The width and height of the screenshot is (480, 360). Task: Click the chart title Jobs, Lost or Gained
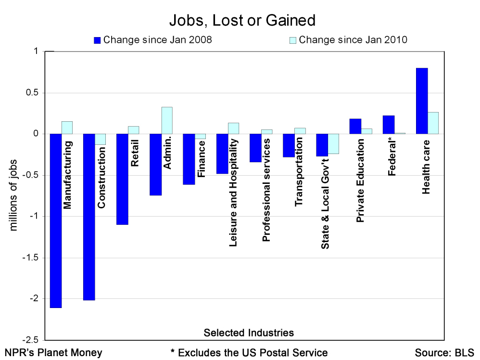pos(242,21)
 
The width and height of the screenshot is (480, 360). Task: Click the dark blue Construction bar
pos(89,217)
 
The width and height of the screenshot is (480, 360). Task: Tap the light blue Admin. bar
pos(167,120)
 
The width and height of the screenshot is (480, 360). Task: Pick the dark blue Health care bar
pos(421,101)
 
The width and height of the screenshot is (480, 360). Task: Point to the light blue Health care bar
pos(433,123)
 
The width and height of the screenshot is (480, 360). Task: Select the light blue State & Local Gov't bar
pos(333,144)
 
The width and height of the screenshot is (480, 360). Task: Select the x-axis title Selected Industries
pos(249,333)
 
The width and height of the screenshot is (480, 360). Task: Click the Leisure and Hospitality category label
pos(233,193)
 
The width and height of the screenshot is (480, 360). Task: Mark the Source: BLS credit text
pos(444,352)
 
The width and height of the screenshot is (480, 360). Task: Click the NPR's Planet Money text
pos(53,352)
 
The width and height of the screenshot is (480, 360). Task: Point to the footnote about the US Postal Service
pos(249,352)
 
